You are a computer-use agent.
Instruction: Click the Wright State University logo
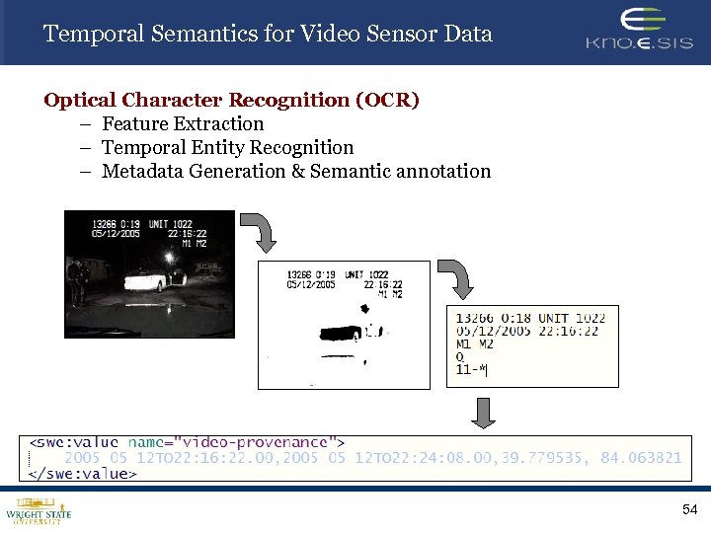click(39, 511)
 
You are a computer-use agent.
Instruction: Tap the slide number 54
click(689, 509)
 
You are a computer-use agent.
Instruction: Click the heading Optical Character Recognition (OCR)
click(231, 100)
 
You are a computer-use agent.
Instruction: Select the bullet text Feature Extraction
click(183, 123)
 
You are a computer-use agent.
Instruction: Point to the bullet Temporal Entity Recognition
click(227, 147)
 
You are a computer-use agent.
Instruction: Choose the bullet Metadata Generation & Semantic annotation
click(295, 171)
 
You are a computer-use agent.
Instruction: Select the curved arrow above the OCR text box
click(454, 280)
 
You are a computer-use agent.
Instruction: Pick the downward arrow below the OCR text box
click(482, 412)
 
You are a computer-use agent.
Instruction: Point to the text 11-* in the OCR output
click(471, 370)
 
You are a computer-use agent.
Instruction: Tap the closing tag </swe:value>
click(83, 473)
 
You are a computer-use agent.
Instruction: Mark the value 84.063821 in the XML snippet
click(641, 458)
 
